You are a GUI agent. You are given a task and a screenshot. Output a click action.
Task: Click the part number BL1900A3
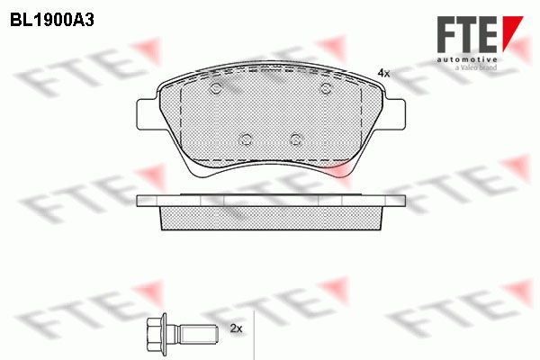(52, 21)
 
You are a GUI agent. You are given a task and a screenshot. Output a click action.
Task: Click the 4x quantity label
(383, 73)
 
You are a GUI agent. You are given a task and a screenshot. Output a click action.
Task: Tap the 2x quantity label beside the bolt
(236, 328)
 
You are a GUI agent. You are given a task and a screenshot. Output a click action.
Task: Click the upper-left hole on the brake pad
(216, 88)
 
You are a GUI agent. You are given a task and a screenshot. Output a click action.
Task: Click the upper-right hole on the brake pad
(326, 88)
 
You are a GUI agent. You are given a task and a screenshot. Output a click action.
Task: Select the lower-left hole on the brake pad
(246, 139)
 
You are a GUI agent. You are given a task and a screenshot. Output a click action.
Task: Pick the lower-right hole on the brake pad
(296, 139)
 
